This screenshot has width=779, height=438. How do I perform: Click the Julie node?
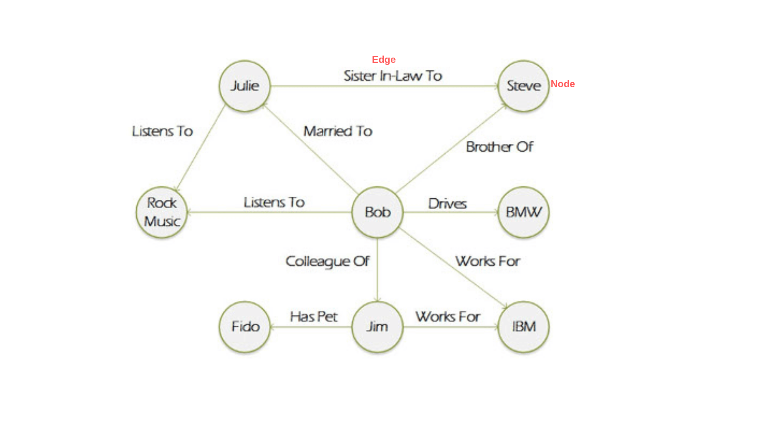[x=245, y=86]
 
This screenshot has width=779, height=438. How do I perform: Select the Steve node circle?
[x=523, y=86]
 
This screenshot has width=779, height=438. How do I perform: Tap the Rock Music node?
[x=162, y=212]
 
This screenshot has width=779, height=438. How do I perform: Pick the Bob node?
[x=377, y=212]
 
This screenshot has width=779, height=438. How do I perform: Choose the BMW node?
[x=523, y=212]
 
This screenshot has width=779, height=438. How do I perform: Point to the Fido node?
[x=245, y=327]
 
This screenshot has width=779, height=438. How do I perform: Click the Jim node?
[x=377, y=327]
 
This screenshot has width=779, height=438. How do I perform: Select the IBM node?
[x=523, y=327]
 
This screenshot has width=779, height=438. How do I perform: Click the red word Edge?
[x=383, y=60]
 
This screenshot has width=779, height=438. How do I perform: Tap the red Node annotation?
[x=562, y=84]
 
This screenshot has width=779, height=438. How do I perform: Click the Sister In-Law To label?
[x=393, y=76]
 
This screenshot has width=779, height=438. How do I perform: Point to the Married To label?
[x=338, y=131]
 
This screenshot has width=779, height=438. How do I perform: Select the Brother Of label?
[x=499, y=147]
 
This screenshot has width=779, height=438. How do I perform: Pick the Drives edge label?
[x=448, y=204]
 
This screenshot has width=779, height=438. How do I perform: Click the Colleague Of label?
[x=327, y=262]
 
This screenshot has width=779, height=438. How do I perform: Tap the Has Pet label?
[x=314, y=317]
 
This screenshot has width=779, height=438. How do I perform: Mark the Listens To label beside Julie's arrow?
[x=162, y=131]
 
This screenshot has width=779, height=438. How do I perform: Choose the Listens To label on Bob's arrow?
[x=274, y=202]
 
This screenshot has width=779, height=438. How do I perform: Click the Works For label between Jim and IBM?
[x=448, y=317]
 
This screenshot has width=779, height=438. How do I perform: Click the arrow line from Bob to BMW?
[x=450, y=212]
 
